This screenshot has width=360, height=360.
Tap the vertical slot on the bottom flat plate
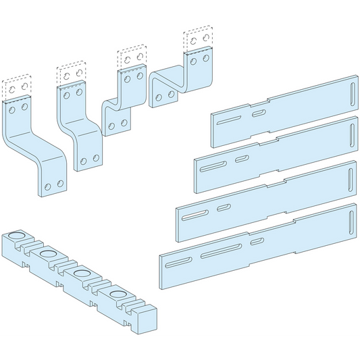pos(351,222)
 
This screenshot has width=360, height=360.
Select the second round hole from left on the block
pos(49,254)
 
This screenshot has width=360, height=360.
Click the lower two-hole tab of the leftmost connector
pos(53,184)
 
